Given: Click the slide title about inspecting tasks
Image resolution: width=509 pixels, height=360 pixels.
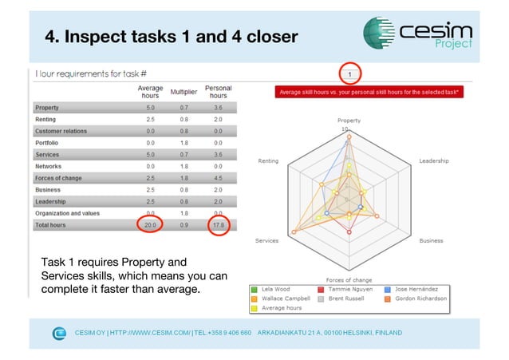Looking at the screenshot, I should pyautogui.click(x=171, y=37).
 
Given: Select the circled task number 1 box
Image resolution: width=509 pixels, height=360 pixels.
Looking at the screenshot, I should pyautogui.click(x=349, y=74).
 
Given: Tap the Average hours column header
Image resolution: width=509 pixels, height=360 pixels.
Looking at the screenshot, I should pyautogui.click(x=150, y=92).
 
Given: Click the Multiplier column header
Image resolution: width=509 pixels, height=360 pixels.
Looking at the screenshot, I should pyautogui.click(x=184, y=92).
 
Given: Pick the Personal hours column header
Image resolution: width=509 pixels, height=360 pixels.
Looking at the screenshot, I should pyautogui.click(x=219, y=92).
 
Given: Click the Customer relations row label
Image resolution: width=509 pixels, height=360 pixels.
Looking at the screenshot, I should pyautogui.click(x=61, y=131).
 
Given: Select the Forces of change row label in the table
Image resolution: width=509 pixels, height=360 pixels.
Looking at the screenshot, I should pyautogui.click(x=59, y=178).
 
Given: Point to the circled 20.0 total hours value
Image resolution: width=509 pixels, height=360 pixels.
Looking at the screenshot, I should pyautogui.click(x=150, y=226).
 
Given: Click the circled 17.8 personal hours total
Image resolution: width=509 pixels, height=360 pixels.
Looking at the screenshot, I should pyautogui.click(x=219, y=226).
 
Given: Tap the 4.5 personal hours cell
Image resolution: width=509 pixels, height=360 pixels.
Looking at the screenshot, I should pyautogui.click(x=219, y=178).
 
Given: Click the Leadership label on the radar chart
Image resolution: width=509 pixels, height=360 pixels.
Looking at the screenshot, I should pyautogui.click(x=433, y=160).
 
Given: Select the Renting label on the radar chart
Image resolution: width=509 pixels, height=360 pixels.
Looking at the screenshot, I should pyautogui.click(x=268, y=160).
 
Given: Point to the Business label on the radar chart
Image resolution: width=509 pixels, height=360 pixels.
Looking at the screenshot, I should pyautogui.click(x=432, y=240).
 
